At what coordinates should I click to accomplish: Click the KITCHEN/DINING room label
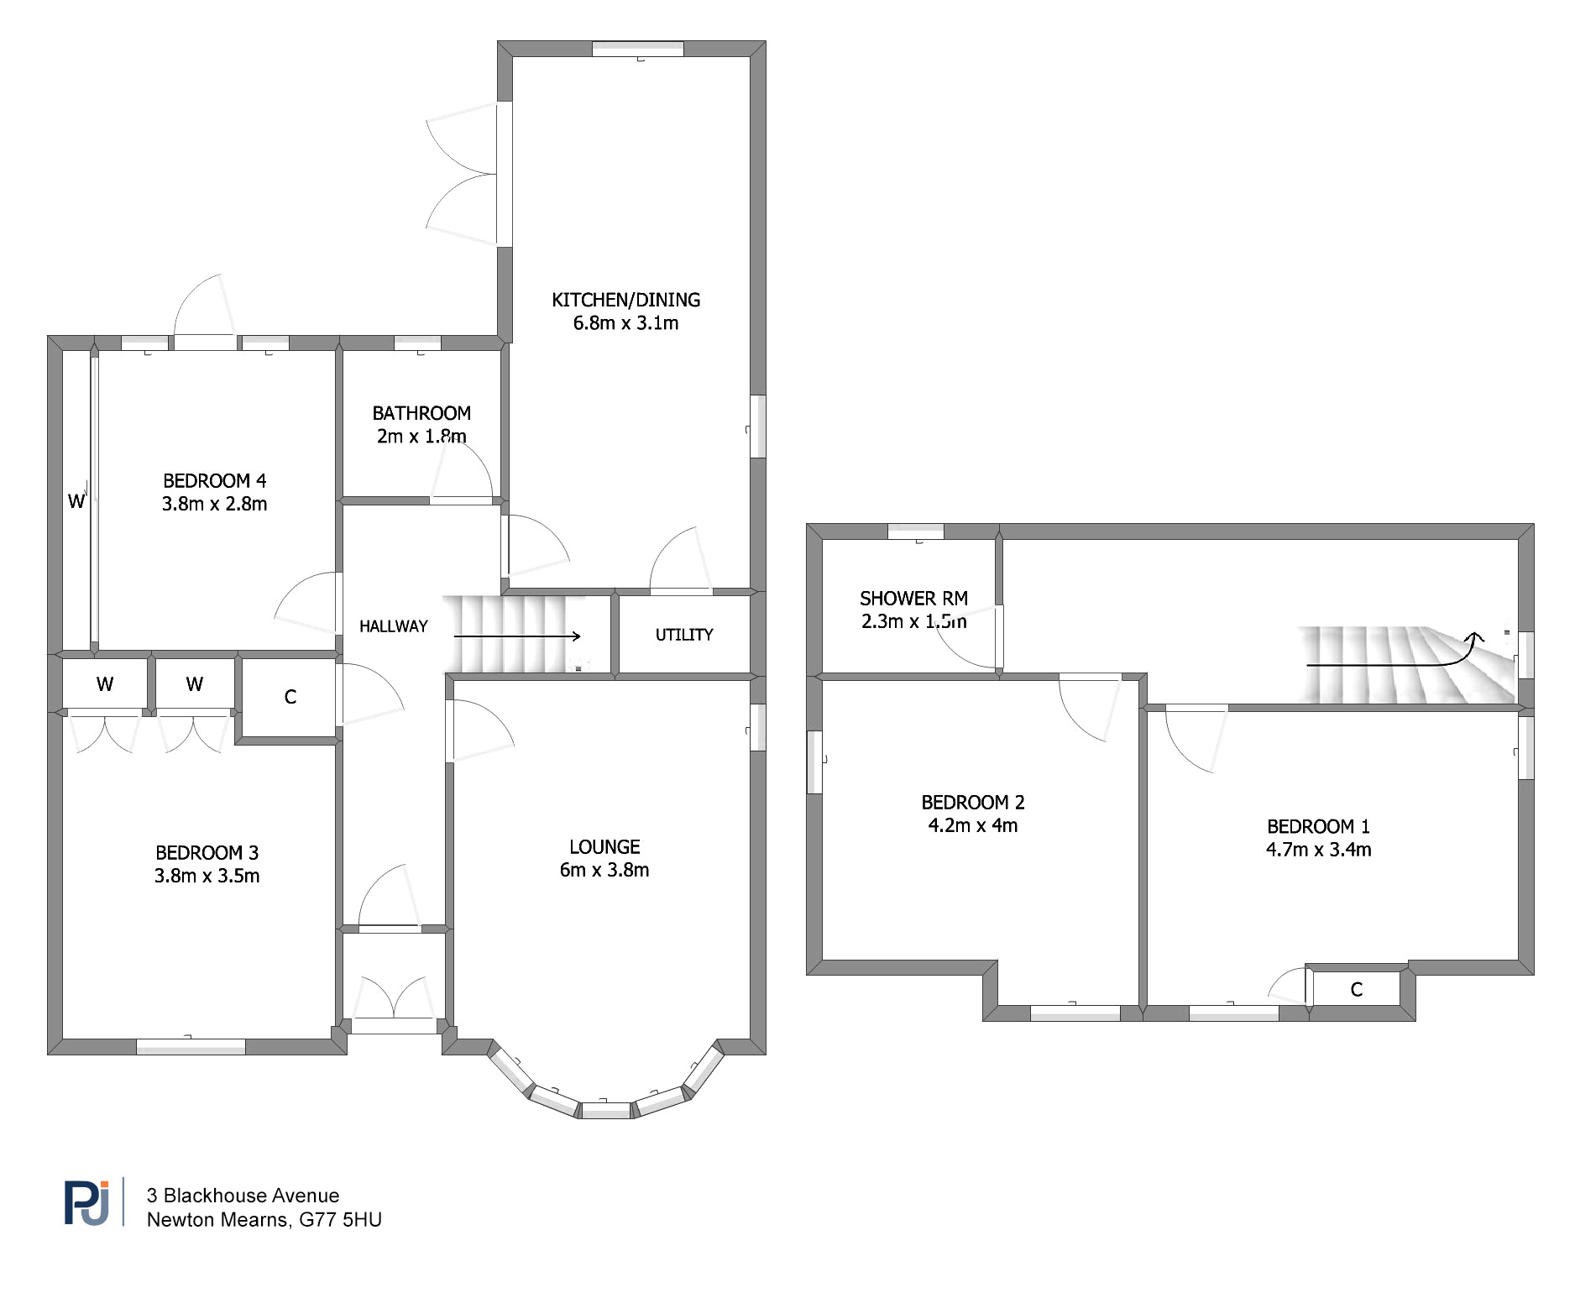(625, 300)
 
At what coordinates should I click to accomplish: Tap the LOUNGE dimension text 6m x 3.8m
(604, 870)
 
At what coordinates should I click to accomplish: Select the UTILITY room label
(684, 635)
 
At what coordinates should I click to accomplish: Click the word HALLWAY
(393, 626)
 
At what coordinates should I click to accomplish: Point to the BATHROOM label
(421, 413)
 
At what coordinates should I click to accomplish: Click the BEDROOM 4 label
(214, 481)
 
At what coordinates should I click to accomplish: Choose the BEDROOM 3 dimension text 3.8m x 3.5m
(207, 876)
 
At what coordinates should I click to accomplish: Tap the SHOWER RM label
(913, 599)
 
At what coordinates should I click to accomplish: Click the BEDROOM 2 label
(973, 803)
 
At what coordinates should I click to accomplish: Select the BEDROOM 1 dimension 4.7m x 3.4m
(1318, 850)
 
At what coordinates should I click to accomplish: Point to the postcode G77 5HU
(340, 1220)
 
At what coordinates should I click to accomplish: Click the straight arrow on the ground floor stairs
(517, 636)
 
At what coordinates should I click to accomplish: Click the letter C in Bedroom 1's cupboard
(1356, 990)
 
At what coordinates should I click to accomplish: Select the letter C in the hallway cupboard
(290, 697)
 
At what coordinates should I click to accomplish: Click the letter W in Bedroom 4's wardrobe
(76, 501)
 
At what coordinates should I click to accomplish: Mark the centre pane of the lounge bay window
(606, 1110)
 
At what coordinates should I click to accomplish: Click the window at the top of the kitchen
(638, 49)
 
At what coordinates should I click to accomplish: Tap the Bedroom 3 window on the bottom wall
(191, 1047)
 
